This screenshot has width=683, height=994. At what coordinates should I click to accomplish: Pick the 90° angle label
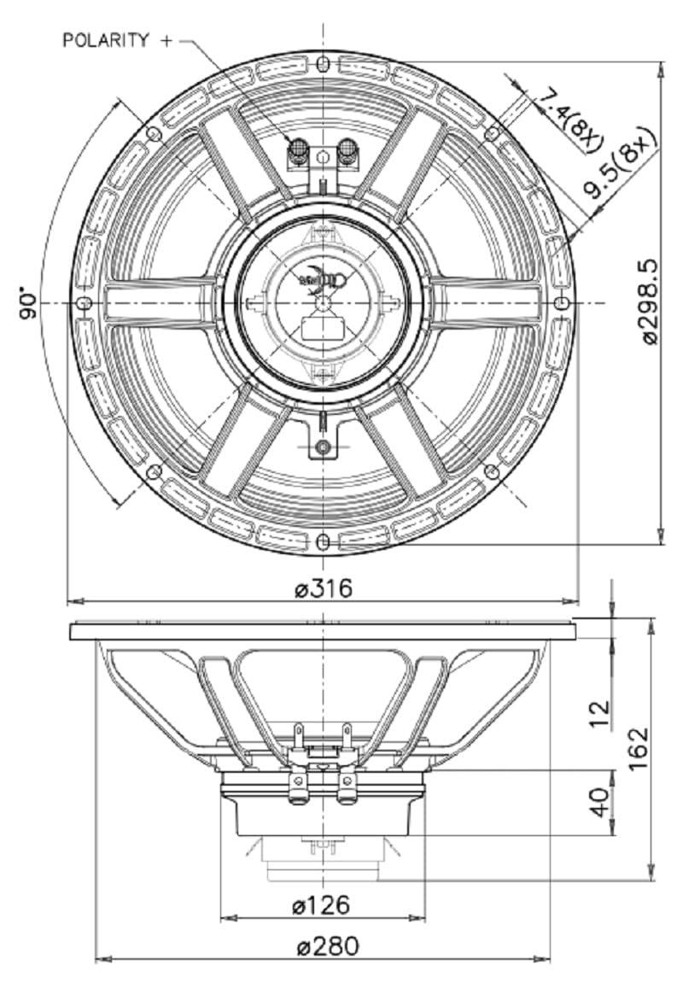click(x=27, y=303)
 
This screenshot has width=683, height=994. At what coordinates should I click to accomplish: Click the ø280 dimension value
click(x=323, y=945)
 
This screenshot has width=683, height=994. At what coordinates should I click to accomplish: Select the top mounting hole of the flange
click(x=323, y=65)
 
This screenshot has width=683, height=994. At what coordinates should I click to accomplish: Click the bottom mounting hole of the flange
click(x=323, y=542)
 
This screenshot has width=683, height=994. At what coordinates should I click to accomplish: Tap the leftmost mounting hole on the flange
click(x=84, y=304)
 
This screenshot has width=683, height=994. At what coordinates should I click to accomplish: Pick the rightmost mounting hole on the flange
click(x=561, y=304)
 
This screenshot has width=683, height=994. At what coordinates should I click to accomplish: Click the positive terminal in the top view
click(x=299, y=152)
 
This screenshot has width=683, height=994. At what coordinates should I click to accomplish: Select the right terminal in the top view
click(x=347, y=152)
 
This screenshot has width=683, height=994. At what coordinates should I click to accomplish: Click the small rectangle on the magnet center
click(x=323, y=328)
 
